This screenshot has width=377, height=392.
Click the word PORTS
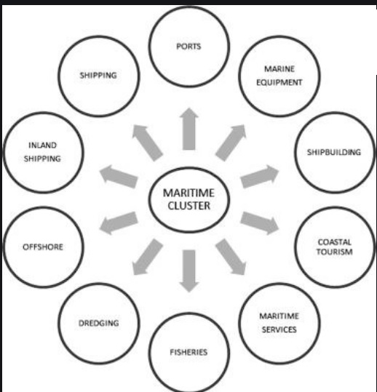[188, 47]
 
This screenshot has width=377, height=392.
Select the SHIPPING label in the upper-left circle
[98, 76]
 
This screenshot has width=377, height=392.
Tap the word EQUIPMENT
[279, 82]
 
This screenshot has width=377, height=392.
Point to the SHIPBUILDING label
[334, 152]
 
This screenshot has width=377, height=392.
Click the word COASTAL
[335, 242]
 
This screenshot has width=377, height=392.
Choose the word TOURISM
[335, 252]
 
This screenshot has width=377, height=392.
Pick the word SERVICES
[279, 329]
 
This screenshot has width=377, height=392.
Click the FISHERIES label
[188, 352]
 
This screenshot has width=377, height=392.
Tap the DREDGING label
[98, 323]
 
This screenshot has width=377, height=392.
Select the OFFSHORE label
[43, 247]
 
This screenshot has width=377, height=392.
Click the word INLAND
[42, 145]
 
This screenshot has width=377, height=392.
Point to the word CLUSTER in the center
[189, 206]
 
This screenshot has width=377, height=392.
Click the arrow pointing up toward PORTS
[189, 129]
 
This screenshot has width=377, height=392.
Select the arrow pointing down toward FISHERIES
[189, 271]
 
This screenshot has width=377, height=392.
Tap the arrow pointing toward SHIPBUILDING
[260, 176]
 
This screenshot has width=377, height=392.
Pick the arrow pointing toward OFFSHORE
[119, 223]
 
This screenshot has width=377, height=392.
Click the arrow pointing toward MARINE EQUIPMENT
[231, 143]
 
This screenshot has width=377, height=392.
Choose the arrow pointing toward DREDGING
[147, 257]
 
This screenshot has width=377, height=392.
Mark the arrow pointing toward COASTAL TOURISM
[260, 223]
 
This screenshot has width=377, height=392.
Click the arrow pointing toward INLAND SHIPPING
[119, 177]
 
